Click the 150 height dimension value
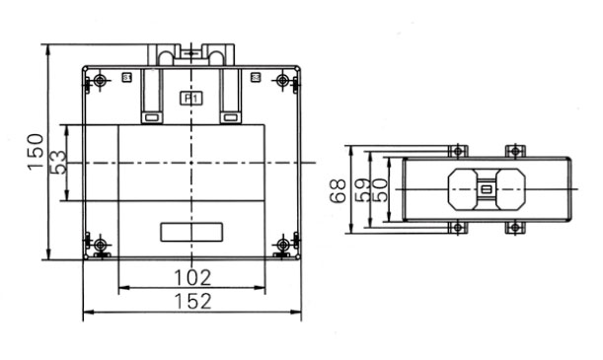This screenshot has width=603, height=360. point(36,152)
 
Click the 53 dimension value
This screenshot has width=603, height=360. point(58,163)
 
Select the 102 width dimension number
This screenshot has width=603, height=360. point(192,278)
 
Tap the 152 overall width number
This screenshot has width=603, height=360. point(192,301)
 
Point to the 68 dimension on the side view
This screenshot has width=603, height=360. point(339,191)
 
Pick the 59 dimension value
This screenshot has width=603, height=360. point(362,190)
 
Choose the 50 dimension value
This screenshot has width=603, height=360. point(380,190)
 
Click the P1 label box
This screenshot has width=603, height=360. point(191,99)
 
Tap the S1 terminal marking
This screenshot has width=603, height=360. point(127,78)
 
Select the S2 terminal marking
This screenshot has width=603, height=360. point(256,78)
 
